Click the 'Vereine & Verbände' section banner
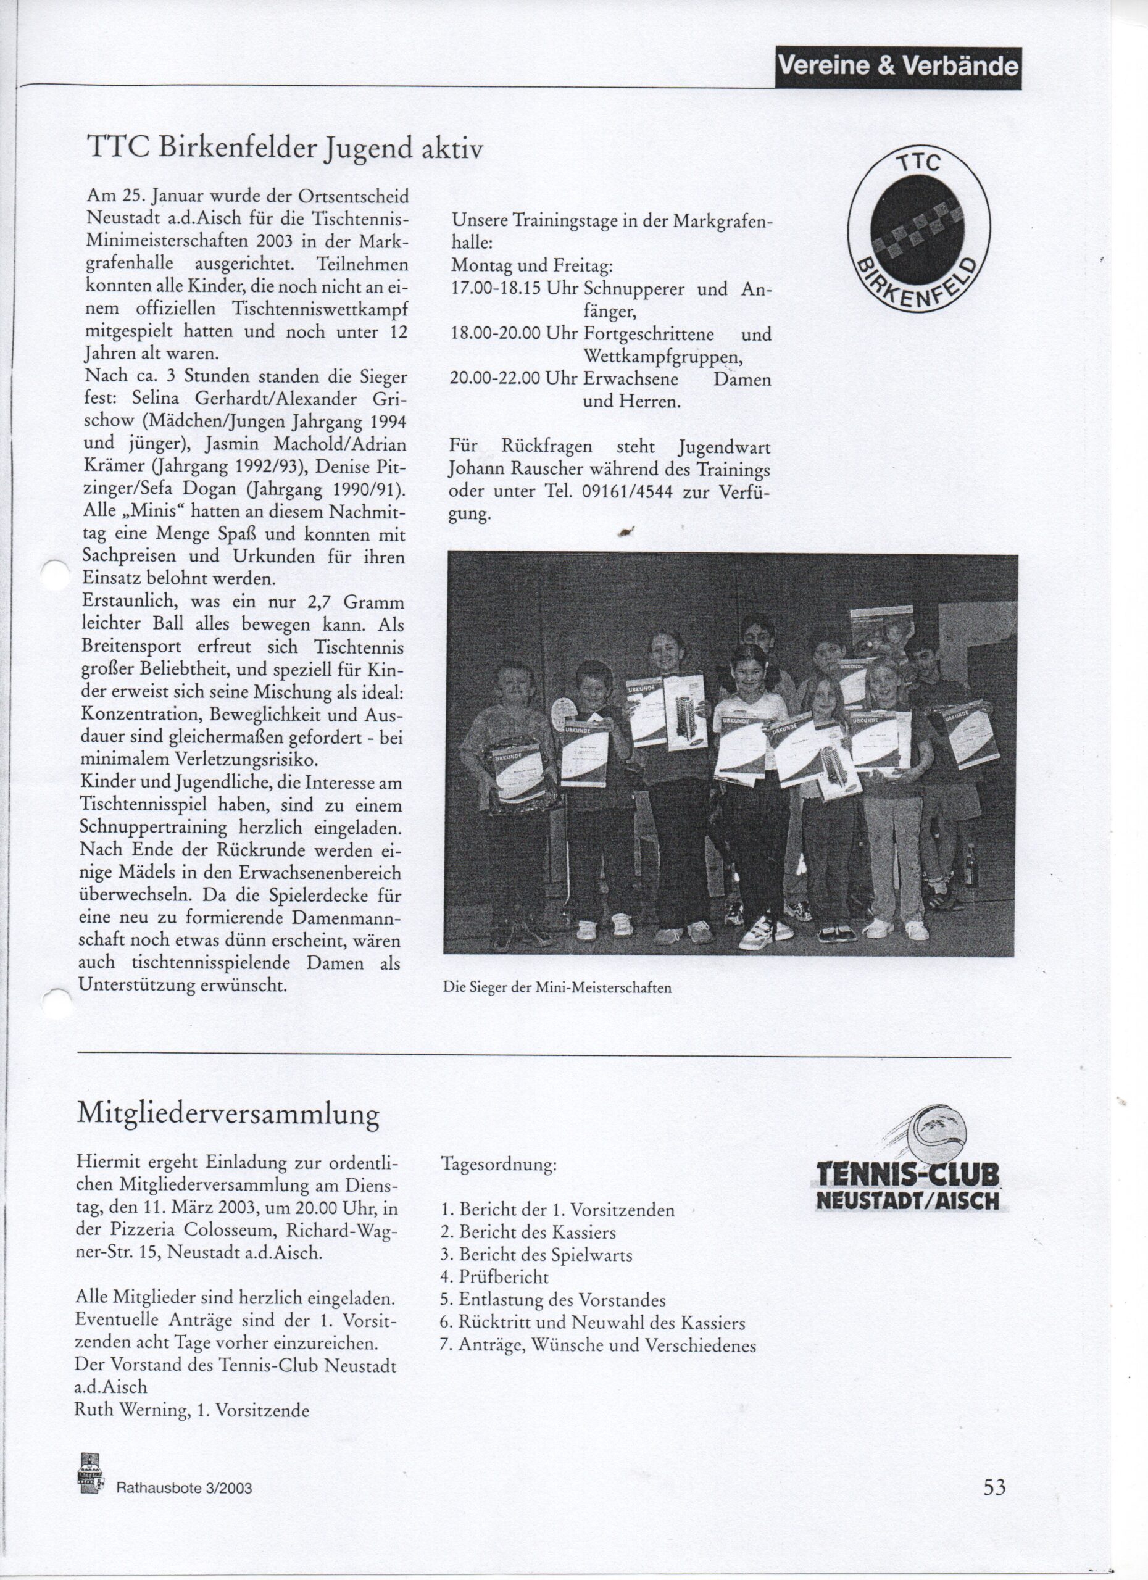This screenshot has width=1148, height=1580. [897, 67]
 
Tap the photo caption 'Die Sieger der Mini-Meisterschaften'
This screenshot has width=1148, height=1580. [557, 987]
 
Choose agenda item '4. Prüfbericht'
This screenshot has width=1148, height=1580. [494, 1277]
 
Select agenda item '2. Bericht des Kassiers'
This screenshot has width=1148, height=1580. [528, 1233]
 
